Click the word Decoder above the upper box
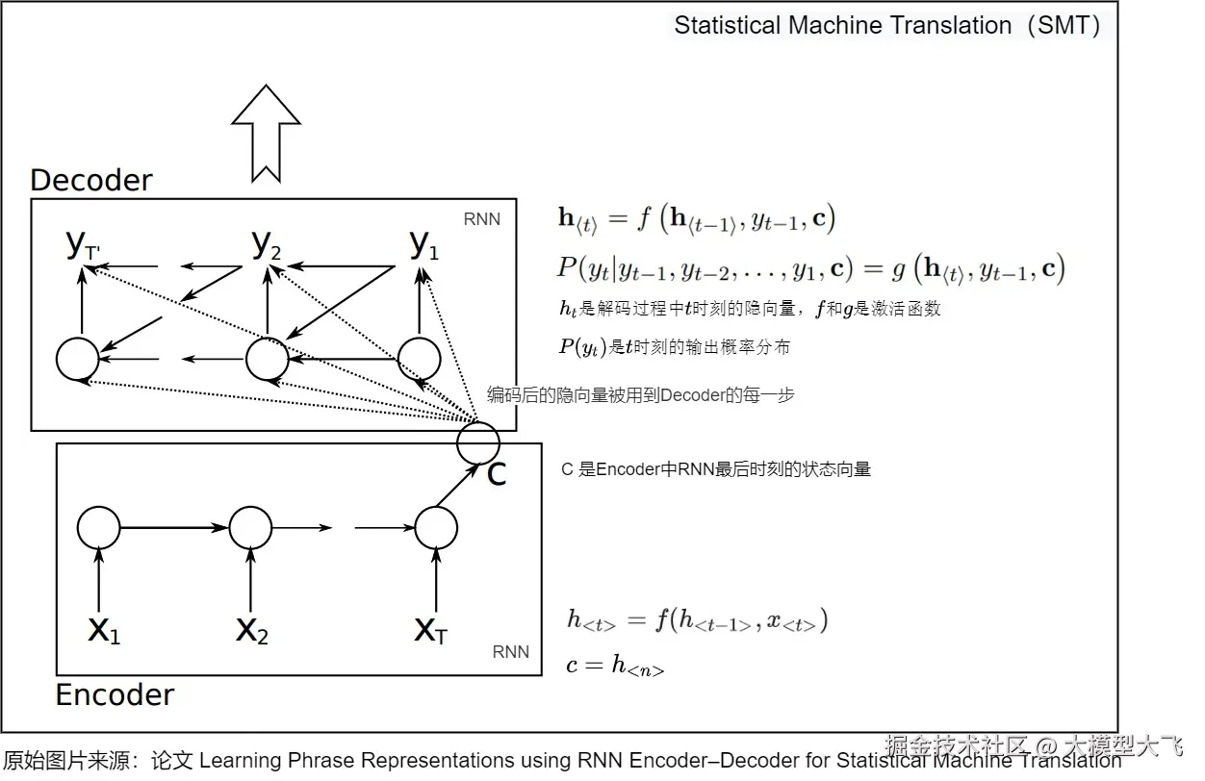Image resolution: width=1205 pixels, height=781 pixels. (91, 180)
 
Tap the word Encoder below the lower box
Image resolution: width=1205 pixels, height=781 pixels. (115, 694)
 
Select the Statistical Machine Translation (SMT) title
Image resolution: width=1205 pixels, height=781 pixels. (886, 25)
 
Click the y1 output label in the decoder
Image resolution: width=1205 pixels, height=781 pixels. (423, 245)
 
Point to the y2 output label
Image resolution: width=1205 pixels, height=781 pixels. (267, 245)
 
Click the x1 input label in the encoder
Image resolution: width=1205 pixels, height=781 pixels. (104, 630)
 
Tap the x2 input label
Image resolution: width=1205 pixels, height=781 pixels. (252, 630)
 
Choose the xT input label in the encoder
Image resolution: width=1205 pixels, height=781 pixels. (430, 630)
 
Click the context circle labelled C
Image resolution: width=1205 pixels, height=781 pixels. (478, 442)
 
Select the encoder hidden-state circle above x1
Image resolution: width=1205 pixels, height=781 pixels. (99, 527)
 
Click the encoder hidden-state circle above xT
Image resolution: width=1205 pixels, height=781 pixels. (436, 527)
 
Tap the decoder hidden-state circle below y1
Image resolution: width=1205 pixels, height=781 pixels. (419, 359)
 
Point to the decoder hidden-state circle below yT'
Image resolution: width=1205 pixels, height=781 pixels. (77, 359)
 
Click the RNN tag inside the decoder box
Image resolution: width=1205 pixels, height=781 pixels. (482, 219)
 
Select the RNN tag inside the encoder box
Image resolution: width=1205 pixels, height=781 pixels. (510, 652)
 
